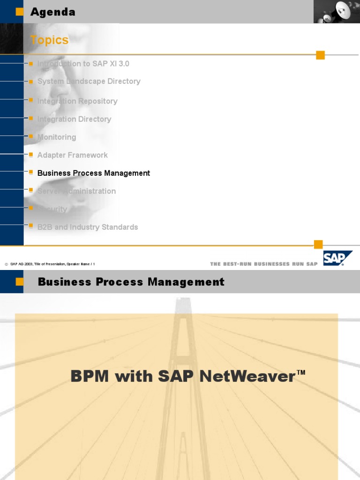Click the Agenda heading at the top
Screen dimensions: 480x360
click(x=52, y=12)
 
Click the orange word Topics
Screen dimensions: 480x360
click(x=49, y=40)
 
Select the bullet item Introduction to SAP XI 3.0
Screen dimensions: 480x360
click(x=83, y=64)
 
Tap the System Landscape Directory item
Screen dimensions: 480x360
click(x=89, y=82)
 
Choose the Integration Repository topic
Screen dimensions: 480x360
click(x=77, y=101)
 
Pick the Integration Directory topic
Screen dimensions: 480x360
click(x=74, y=120)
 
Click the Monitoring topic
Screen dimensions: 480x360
click(x=57, y=137)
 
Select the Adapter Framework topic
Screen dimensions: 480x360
click(x=73, y=155)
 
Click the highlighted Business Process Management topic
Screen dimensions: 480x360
click(x=94, y=173)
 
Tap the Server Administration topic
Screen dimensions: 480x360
click(x=76, y=191)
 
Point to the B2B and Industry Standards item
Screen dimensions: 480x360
click(x=88, y=227)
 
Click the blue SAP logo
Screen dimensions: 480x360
click(x=337, y=258)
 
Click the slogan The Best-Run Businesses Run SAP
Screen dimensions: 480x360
click(x=264, y=264)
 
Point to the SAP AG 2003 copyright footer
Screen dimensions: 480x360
click(x=50, y=264)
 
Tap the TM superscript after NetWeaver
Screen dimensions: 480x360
click(x=301, y=373)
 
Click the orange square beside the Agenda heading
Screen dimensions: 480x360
click(x=19, y=12)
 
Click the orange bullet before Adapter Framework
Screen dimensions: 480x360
click(x=31, y=155)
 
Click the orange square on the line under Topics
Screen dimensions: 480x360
click(x=320, y=55)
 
